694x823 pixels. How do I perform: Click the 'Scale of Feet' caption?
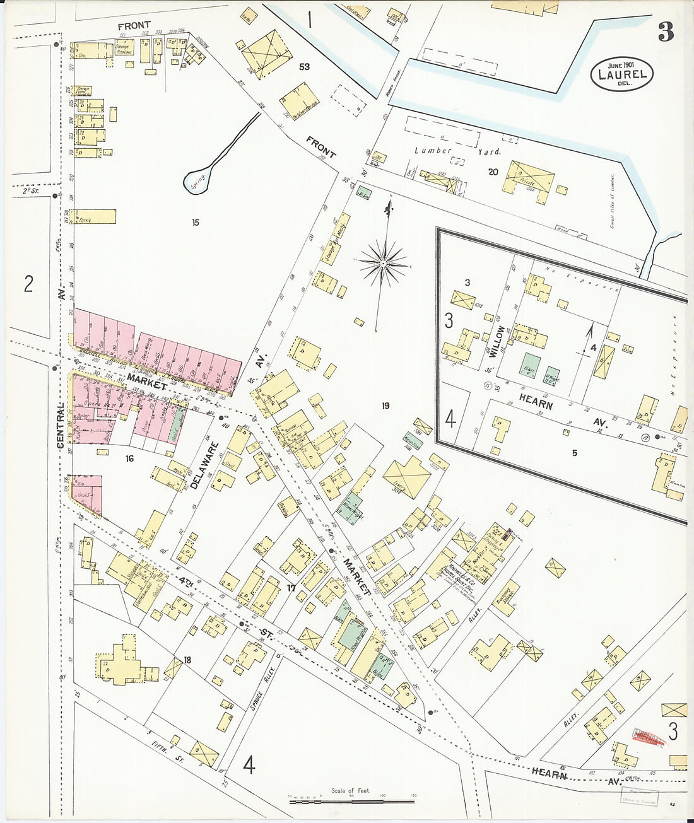point(351,790)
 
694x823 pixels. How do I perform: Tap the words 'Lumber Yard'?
point(457,151)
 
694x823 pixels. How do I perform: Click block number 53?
point(305,67)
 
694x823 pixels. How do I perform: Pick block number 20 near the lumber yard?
point(493,172)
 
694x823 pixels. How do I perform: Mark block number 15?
point(196,223)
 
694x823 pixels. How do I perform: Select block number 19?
point(385,406)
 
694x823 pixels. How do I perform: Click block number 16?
point(129,458)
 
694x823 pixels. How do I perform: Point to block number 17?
point(291,588)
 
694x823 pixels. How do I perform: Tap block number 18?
point(187,660)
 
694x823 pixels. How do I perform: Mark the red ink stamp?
point(649,737)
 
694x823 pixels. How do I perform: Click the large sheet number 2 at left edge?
point(28,284)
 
